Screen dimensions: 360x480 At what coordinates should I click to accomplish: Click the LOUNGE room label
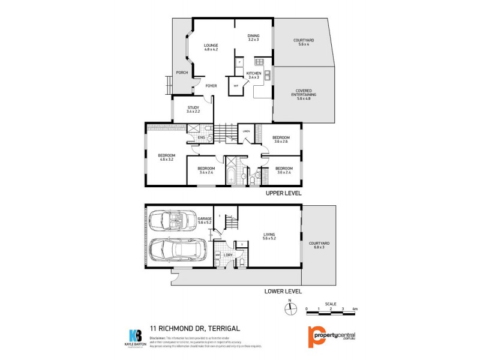coord(210,47)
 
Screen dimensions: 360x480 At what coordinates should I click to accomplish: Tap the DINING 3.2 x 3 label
coord(253,37)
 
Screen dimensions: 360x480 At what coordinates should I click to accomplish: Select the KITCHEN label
coord(253,74)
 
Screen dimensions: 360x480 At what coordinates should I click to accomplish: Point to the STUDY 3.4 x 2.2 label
coord(193,109)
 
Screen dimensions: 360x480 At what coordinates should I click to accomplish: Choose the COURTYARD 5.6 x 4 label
coord(303,42)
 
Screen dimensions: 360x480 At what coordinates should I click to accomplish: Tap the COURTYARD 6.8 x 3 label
coord(317,245)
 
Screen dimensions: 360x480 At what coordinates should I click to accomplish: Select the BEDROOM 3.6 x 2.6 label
coord(281,139)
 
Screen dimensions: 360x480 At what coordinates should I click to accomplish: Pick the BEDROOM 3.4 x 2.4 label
coord(206,170)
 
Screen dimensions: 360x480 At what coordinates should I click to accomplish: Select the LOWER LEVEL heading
coord(283,292)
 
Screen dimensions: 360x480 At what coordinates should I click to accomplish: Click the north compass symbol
coord(290,308)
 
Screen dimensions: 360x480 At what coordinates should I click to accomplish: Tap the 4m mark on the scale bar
coord(355,309)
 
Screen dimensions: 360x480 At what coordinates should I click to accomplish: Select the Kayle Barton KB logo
coord(136,336)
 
